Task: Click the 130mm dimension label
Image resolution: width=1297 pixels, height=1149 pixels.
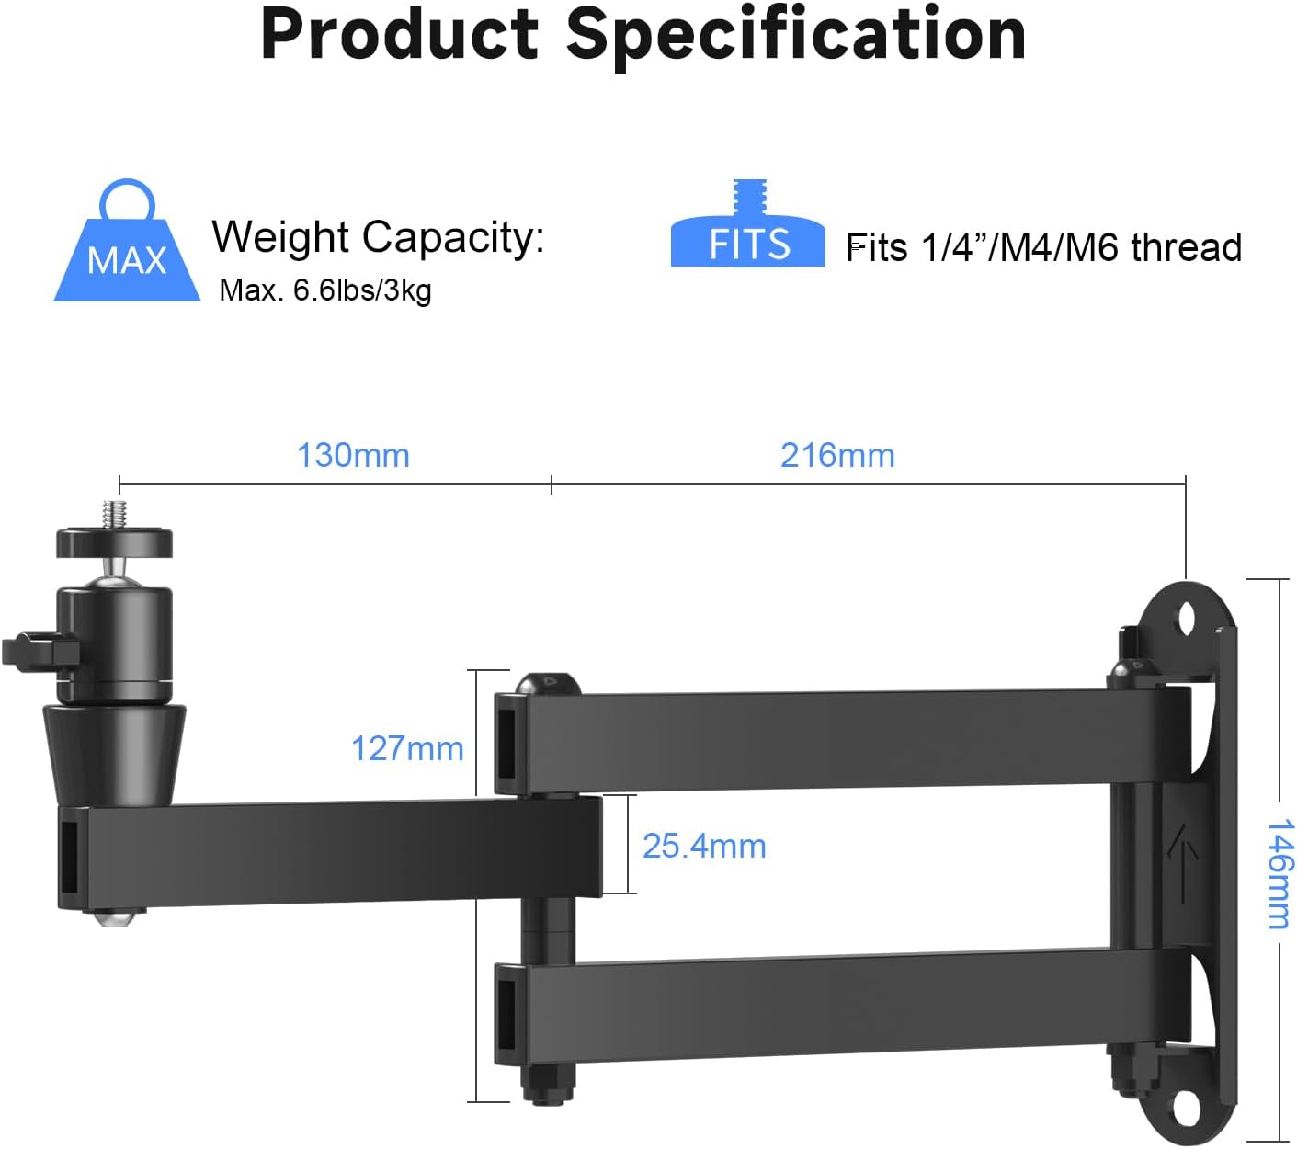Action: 353,455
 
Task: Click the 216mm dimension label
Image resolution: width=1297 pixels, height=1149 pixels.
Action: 837,455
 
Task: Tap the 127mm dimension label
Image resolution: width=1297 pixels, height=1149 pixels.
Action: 407,748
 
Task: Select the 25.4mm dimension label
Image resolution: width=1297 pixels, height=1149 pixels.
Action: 704,846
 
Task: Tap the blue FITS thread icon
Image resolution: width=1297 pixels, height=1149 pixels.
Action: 748,230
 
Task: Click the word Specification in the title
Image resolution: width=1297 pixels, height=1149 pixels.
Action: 796,35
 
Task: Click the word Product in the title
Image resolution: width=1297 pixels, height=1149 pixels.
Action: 399,35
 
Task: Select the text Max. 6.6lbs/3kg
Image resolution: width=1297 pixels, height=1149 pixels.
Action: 325,290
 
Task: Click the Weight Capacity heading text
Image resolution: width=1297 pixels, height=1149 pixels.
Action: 378,237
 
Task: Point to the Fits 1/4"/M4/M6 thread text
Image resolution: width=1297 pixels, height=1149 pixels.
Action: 1043,247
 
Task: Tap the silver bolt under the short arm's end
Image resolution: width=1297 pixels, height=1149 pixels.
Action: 119,916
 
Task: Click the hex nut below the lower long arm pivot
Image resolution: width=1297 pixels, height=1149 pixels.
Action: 548,1085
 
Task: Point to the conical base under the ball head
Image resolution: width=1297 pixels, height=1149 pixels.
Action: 114,752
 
